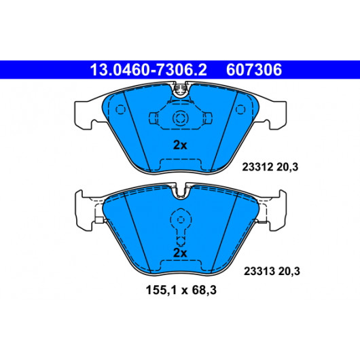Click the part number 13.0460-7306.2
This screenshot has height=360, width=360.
coord(148,70)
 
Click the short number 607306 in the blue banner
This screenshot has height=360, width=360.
coord(254,70)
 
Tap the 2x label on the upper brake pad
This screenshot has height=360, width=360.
coord(180,145)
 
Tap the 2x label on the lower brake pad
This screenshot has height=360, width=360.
coord(180,253)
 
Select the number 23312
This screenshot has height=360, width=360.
coord(257,167)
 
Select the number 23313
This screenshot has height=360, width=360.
coord(259,271)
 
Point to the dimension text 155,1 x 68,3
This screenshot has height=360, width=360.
coord(181,290)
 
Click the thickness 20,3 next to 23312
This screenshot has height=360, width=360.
coord(287,167)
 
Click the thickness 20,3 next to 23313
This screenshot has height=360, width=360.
coord(289,271)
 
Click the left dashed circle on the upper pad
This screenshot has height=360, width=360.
coord(120,109)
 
